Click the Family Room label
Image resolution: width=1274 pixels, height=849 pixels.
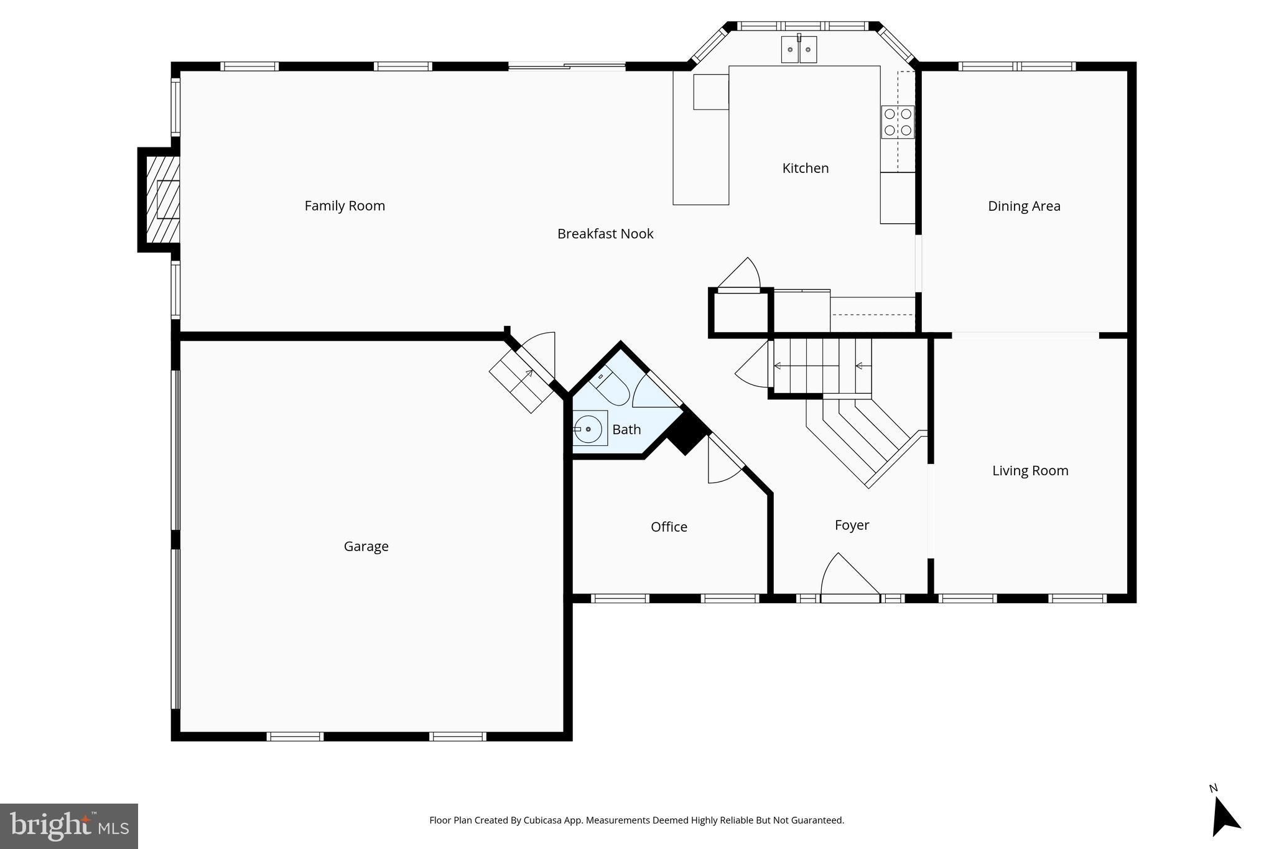click(x=345, y=206)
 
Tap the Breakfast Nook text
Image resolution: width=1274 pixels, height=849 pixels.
click(x=605, y=234)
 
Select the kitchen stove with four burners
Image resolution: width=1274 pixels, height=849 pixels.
click(x=898, y=122)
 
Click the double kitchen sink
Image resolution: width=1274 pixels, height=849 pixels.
click(x=799, y=50)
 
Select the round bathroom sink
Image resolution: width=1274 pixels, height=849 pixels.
click(x=587, y=429)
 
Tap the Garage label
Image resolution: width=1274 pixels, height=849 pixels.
click(x=366, y=546)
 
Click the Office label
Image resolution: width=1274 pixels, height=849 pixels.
click(x=669, y=527)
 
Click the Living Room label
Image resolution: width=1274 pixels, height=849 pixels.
click(x=1030, y=471)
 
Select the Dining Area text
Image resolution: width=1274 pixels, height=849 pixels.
click(x=1024, y=206)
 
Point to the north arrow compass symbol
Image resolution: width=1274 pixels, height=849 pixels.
click(x=1224, y=816)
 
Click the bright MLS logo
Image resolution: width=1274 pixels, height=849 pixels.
click(x=69, y=826)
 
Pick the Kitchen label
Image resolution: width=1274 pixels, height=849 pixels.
click(x=805, y=168)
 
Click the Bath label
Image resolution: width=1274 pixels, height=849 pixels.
click(x=626, y=429)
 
